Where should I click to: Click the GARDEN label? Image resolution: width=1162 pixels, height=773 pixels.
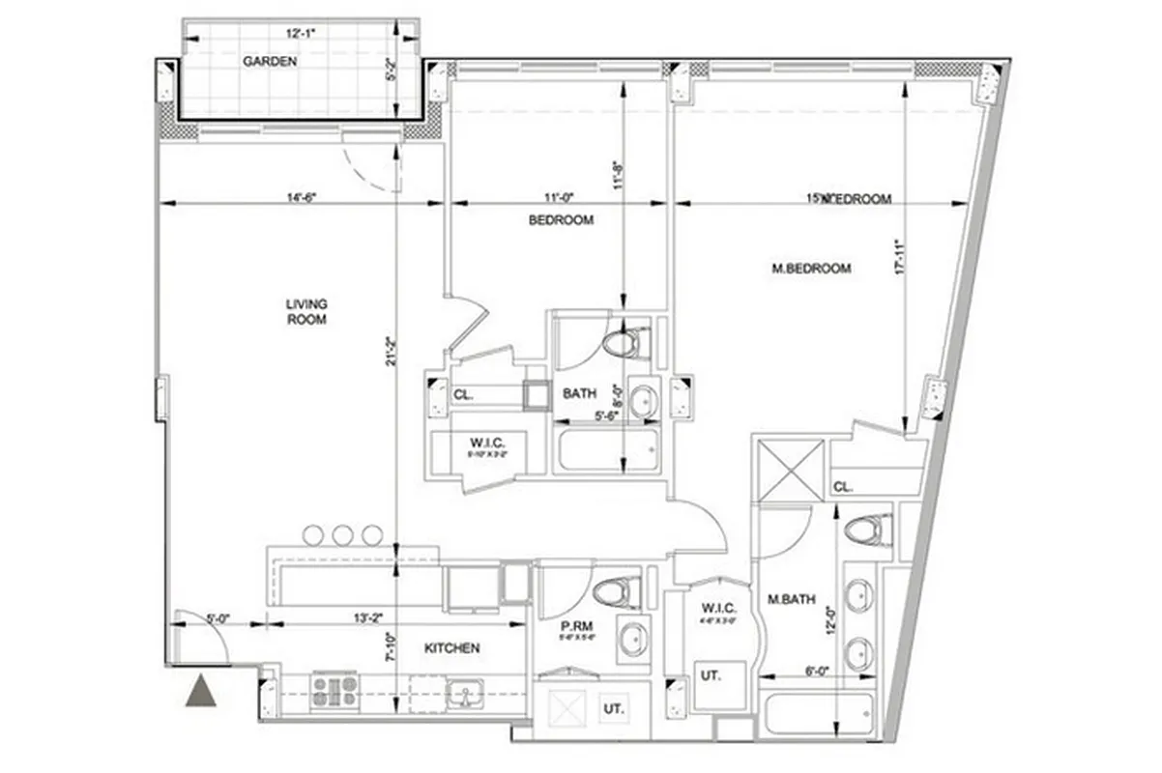(x=269, y=61)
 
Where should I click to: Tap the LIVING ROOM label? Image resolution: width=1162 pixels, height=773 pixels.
(x=305, y=311)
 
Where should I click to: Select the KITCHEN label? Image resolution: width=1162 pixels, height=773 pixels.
(x=451, y=648)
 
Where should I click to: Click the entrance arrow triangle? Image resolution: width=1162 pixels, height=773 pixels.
(x=201, y=691)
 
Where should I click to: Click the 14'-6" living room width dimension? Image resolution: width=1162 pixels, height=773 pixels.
(x=302, y=197)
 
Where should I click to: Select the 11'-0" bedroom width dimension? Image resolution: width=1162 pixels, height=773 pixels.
(x=556, y=197)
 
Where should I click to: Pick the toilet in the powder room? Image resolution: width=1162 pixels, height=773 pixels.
(x=617, y=591)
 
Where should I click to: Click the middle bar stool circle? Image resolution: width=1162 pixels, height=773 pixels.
(x=342, y=534)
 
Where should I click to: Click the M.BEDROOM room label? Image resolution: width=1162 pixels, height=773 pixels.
(x=811, y=269)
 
